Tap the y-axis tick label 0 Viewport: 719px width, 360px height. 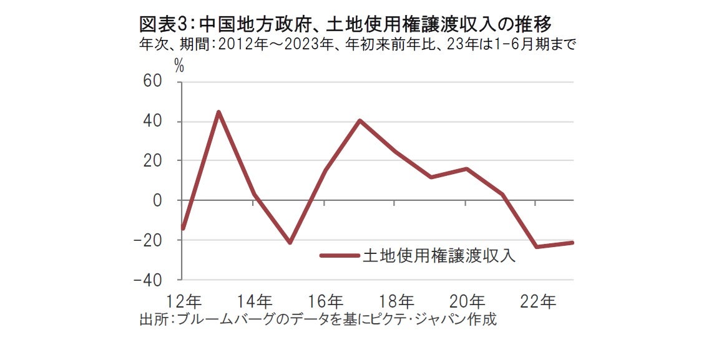pos(159,200)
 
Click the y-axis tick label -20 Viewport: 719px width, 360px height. pos(149,240)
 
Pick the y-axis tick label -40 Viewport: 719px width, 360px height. pos(149,280)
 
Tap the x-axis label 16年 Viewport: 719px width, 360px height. pos(325,300)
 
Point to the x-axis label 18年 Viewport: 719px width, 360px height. pos(396,300)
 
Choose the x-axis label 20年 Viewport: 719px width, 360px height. pos(467,300)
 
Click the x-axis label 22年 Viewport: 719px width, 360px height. pos(538,300)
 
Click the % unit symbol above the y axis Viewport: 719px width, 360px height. pos(179,66)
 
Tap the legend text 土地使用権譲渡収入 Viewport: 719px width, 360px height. pos(439,255)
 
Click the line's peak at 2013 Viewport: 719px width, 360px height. pos(218,112)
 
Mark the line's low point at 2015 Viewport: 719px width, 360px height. pos(290,243)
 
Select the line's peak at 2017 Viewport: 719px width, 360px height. pos(360,120)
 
